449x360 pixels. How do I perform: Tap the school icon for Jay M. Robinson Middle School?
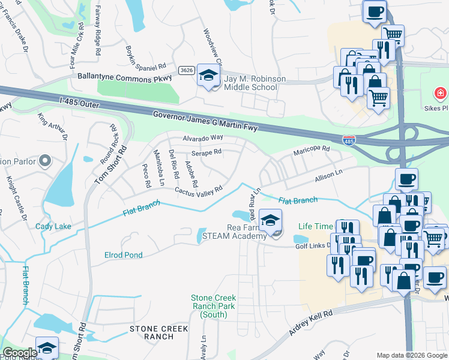pyautogui.click(x=208, y=76)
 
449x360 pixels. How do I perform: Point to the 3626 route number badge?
pyautogui.click(x=186, y=70)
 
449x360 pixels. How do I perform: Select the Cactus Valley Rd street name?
pyautogui.click(x=198, y=189)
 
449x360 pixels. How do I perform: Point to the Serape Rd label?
pyautogui.click(x=207, y=152)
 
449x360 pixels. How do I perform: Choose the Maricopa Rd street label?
pyautogui.click(x=312, y=149)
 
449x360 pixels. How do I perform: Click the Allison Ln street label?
pyautogui.click(x=328, y=176)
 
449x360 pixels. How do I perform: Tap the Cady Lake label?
pyautogui.click(x=53, y=226)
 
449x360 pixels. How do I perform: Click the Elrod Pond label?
pyautogui.click(x=123, y=255)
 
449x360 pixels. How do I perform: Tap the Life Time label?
pyautogui.click(x=315, y=226)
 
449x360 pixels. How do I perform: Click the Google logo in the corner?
pyautogui.click(x=20, y=353)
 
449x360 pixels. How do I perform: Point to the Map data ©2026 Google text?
pyautogui.click(x=411, y=355)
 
